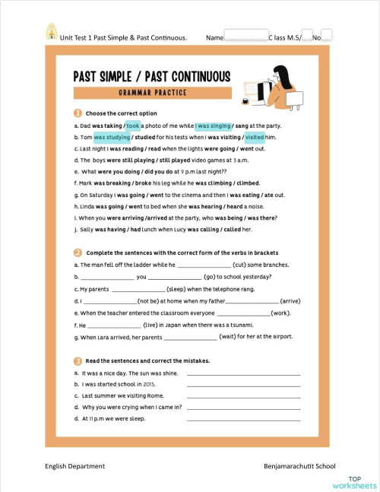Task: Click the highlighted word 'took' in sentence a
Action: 133,125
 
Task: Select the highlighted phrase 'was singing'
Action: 214,125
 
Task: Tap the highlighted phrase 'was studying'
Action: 112,137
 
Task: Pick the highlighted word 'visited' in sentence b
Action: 255,137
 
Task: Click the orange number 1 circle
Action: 78,113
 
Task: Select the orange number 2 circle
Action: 78,252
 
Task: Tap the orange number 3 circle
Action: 78,360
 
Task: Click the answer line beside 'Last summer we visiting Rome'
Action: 243,397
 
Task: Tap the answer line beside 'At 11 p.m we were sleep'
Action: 243,420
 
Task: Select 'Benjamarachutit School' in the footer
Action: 299,465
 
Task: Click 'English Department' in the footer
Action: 74,465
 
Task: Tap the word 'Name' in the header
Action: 214,37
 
